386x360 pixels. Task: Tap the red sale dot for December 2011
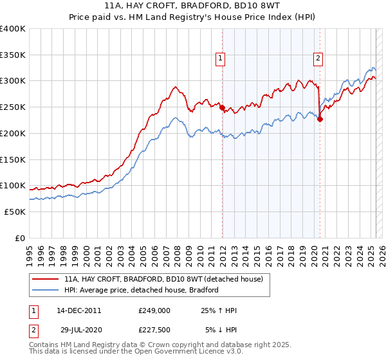point(222,108)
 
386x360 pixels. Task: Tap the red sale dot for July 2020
point(320,119)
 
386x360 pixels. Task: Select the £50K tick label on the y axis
point(15,212)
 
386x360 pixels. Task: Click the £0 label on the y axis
point(19,238)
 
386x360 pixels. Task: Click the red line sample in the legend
point(45,280)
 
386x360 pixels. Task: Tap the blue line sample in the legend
point(45,290)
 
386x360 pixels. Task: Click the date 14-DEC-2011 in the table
point(78,310)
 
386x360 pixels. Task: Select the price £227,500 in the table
point(154,330)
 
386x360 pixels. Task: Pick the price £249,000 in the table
point(154,310)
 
